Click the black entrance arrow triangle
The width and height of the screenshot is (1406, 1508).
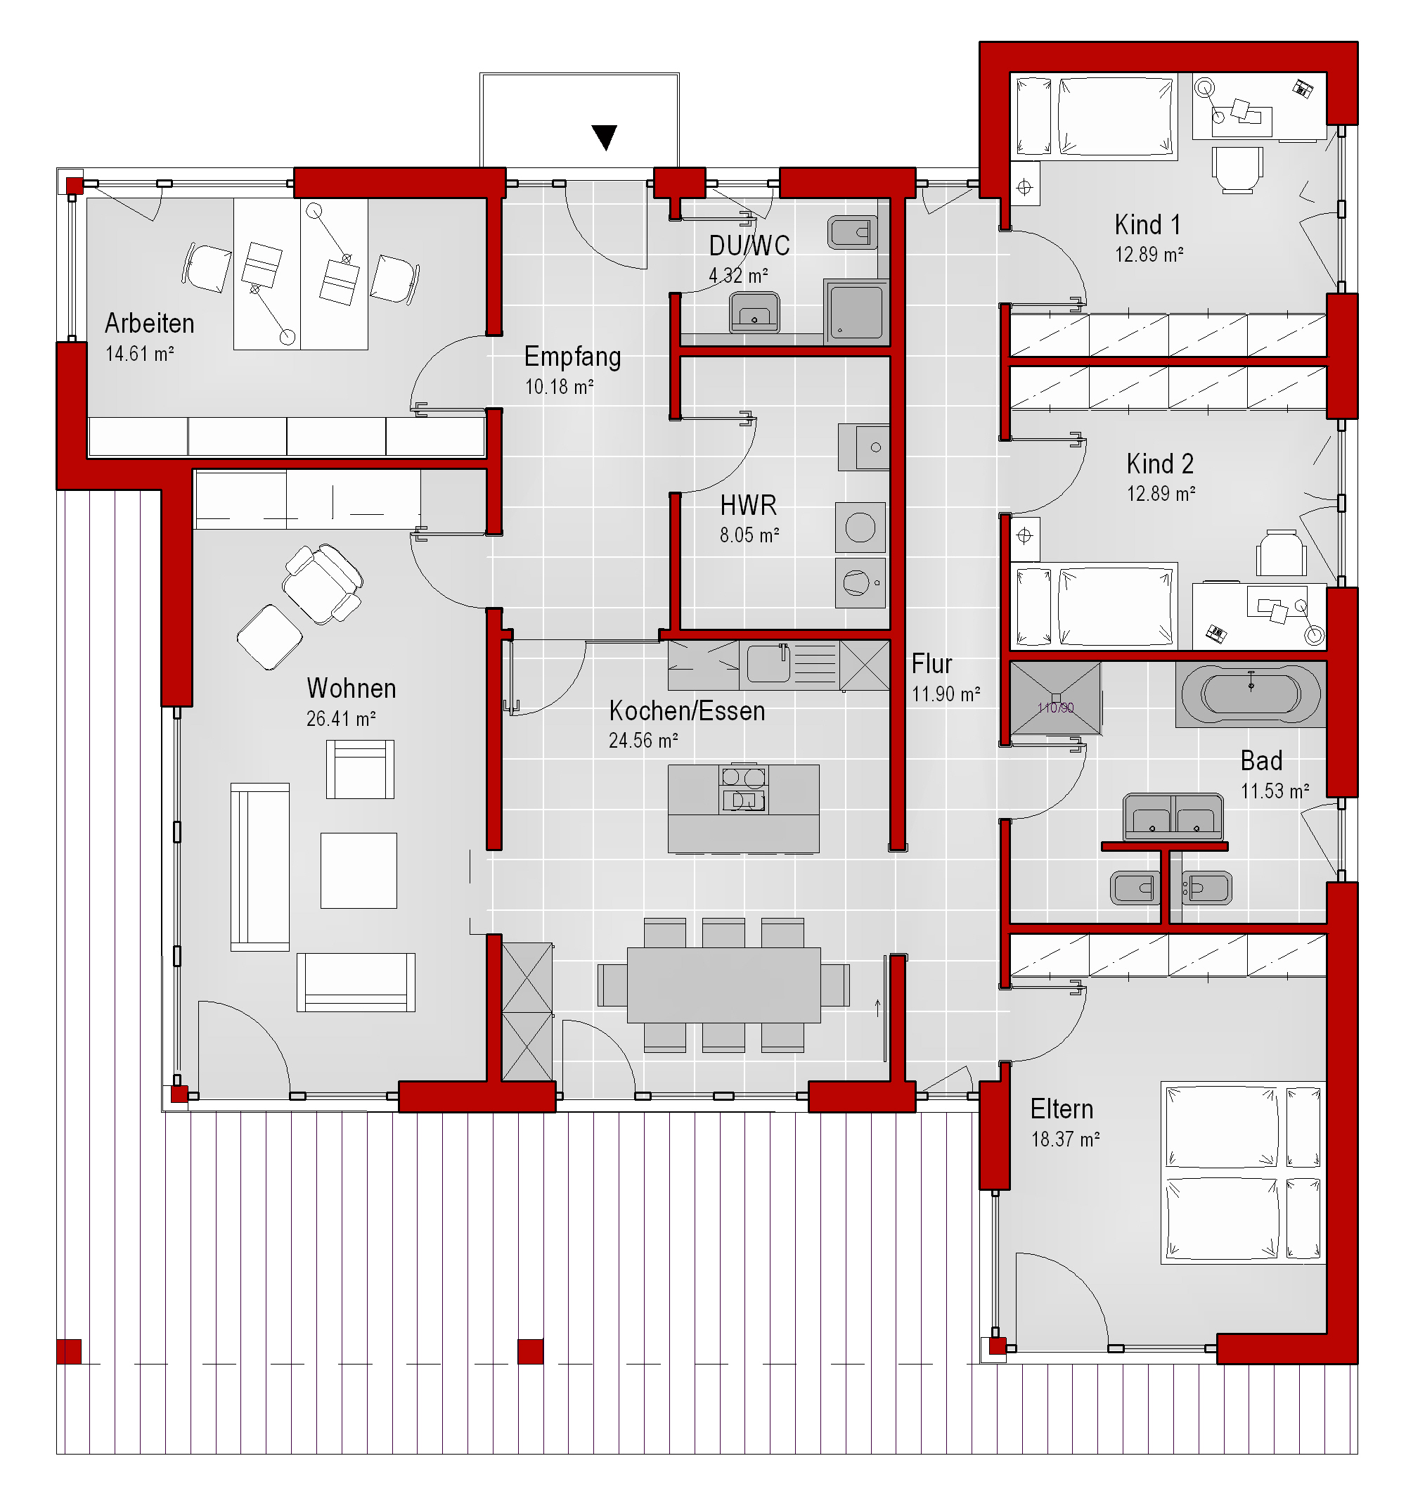point(605,137)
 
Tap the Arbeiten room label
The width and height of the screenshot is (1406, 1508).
point(150,324)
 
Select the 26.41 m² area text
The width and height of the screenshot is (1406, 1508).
point(340,718)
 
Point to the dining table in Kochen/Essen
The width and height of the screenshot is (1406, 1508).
point(723,985)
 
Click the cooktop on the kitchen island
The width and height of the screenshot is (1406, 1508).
point(743,788)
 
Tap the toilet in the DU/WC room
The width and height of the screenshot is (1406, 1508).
point(853,232)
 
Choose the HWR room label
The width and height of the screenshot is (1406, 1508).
point(749,505)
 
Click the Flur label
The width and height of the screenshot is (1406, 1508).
point(931,664)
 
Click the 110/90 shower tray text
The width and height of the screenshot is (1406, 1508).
point(1056,708)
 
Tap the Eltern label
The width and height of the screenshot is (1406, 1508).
point(1062,1109)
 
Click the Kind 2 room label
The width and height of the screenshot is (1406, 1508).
point(1160,464)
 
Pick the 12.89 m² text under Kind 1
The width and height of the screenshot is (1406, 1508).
point(1149,255)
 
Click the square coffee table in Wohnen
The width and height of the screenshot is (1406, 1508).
point(359,870)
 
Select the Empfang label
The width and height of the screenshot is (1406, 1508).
point(572,357)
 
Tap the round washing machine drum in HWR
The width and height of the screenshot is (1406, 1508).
point(860,528)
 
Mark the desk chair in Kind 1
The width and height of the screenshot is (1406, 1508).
point(1238,168)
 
